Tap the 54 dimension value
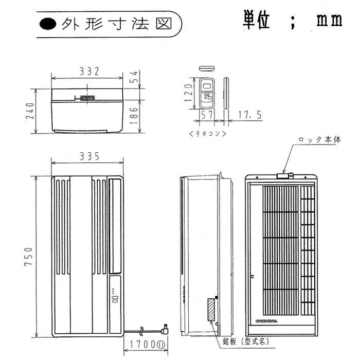[x=133, y=77]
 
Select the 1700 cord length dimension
[x=145, y=345]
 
